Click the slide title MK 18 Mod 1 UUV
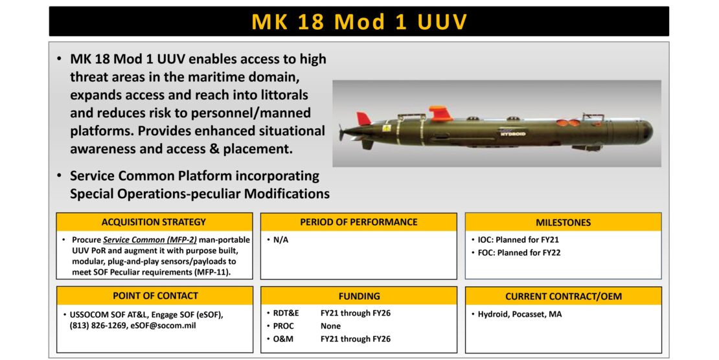359,21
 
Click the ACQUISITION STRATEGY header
154,222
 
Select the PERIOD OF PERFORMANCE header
358,222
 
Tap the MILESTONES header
563,222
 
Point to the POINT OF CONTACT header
155,296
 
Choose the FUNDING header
359,296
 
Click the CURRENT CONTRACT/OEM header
563,297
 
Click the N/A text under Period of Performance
281,240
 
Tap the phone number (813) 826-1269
97,326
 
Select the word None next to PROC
330,326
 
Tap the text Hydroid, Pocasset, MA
519,314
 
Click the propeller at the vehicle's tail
341,132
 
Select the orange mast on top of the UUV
441,114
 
